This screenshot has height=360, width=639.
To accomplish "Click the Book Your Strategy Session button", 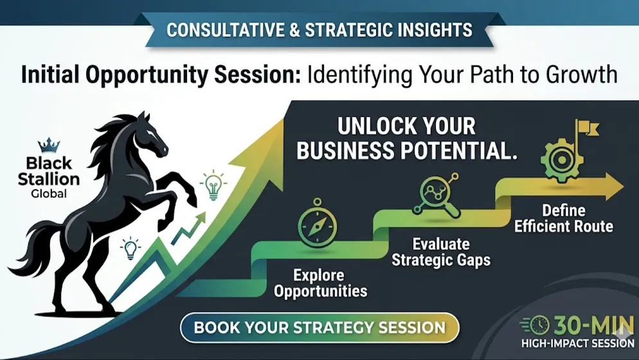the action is click(319, 328).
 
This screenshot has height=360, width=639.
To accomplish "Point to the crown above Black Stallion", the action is click(49, 145).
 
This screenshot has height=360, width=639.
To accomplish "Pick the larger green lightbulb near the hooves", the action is click(213, 185).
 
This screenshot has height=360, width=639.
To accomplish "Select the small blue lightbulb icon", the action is click(130, 248).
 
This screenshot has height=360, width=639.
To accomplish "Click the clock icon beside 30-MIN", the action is click(539, 325).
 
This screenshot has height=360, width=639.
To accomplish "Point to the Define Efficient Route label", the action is click(564, 218).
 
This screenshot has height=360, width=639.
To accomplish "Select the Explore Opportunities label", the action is click(320, 283).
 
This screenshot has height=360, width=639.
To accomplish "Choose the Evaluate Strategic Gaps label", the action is click(441, 252).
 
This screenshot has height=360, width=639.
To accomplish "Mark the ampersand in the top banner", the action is click(294, 30).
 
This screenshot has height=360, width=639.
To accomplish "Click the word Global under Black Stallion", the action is click(49, 193).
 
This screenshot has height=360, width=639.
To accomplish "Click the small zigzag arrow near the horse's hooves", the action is click(188, 230).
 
